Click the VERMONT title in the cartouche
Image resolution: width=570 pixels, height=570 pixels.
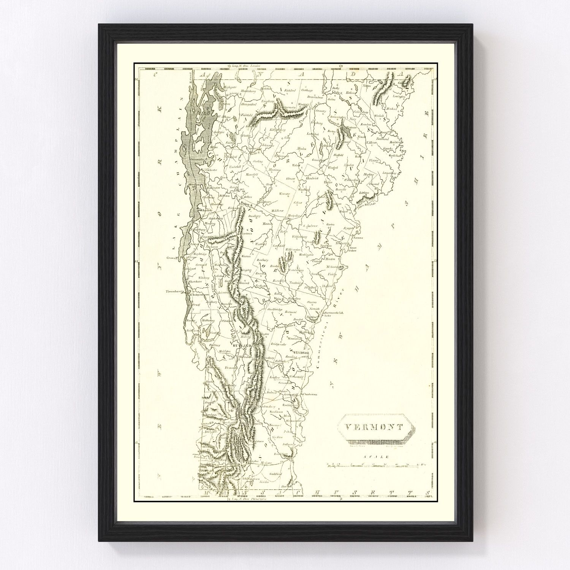click(375, 427)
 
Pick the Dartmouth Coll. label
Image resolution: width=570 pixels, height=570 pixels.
click(333, 312)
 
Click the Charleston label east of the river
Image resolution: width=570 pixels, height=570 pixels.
click(310, 394)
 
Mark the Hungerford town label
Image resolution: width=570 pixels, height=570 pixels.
click(250, 104)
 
